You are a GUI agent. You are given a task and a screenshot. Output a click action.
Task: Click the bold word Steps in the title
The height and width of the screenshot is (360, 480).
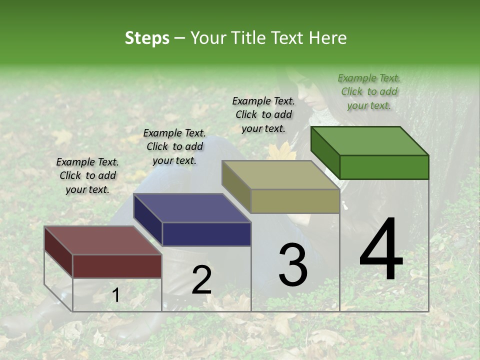[x=147, y=38]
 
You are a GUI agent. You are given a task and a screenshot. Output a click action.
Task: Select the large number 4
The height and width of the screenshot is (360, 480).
[x=381, y=250]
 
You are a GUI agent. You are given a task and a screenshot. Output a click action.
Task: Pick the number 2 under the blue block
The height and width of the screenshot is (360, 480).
[x=201, y=280]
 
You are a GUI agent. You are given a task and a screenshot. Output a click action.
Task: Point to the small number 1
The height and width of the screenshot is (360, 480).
[x=115, y=295]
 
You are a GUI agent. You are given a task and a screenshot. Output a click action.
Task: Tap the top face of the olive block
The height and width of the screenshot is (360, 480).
[x=280, y=175]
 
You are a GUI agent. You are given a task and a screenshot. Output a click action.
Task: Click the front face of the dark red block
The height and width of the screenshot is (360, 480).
[x=117, y=266]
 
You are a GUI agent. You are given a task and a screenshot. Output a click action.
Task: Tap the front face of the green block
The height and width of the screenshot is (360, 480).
[x=384, y=167]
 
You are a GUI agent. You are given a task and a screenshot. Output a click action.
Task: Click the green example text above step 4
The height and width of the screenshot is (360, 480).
[x=369, y=91]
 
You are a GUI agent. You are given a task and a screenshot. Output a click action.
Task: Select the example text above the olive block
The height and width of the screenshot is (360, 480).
[x=263, y=114]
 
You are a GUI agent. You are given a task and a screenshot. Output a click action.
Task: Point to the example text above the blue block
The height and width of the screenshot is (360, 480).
[x=174, y=146]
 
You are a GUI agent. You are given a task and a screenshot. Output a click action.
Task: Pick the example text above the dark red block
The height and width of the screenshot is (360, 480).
[x=87, y=175]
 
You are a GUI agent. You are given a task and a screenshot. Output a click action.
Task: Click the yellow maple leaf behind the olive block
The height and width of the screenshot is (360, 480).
[x=280, y=151]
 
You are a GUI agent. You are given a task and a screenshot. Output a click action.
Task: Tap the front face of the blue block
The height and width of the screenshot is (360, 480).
[x=206, y=234]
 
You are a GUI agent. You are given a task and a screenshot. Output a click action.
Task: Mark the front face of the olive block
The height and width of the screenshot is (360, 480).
[x=295, y=201]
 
